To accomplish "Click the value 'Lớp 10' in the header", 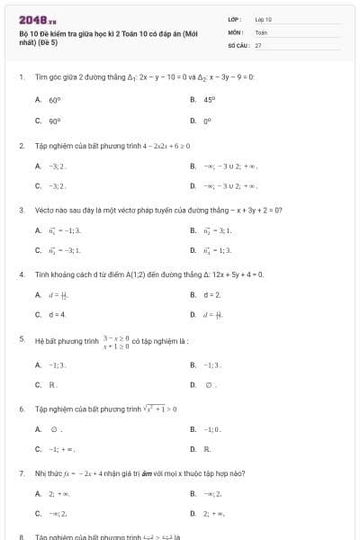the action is pos(263,18).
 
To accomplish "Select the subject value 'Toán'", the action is pos(261,31).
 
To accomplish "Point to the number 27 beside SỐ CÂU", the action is pos(258,44).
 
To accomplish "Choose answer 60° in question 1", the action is pos(55,100).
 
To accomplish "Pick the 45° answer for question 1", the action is pos(209,100).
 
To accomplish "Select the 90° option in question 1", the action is pos(55,120).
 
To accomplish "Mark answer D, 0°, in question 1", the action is pos(207,120).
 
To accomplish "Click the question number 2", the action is pos(22,145).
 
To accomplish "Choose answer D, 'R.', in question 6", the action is pos(207,448).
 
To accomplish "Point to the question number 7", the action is pos(22,472).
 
